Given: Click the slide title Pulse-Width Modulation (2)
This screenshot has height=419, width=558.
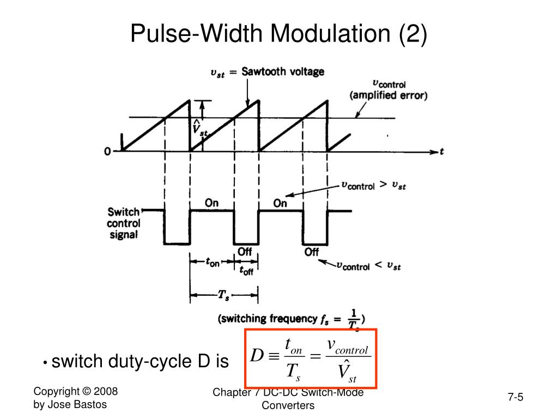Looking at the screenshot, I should (x=278, y=34).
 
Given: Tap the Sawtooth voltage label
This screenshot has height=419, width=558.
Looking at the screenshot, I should (x=283, y=71).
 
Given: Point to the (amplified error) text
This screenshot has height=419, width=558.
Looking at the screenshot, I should (x=389, y=95).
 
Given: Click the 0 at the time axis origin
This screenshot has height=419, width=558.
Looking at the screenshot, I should (x=108, y=151).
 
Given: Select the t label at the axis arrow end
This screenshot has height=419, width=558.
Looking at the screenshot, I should (x=441, y=152).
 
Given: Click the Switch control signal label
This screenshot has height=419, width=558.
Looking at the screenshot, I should (x=124, y=223).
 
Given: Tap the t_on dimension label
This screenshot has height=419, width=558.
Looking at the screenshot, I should (x=212, y=262).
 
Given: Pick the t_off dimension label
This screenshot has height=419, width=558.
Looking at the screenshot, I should (x=246, y=270).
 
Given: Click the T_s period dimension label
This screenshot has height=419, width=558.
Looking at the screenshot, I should (x=223, y=295).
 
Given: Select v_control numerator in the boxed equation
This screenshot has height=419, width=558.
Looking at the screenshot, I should (x=348, y=346).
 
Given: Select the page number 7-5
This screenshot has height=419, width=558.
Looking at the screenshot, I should (x=515, y=397).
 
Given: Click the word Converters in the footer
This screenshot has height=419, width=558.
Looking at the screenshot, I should (x=288, y=405).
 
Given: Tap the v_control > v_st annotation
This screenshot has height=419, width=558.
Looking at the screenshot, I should (x=373, y=185).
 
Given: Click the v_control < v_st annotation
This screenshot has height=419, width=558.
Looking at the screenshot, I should (x=369, y=266).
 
